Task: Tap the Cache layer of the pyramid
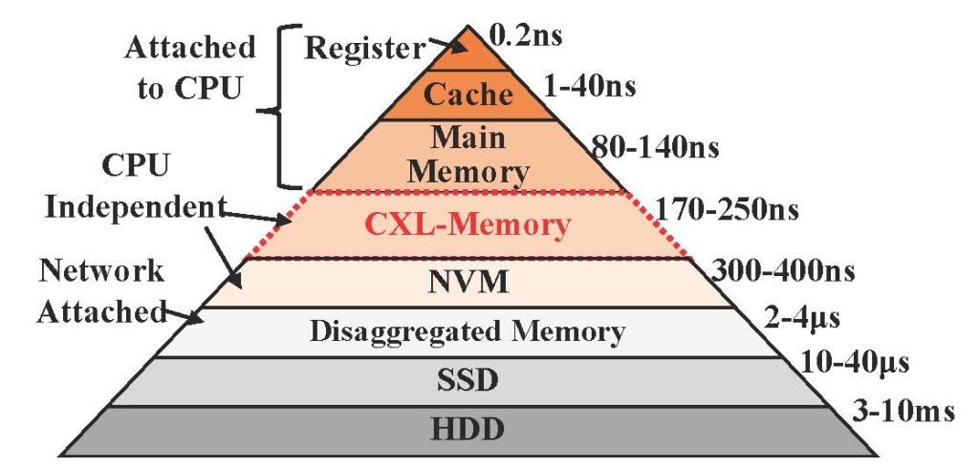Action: pos(468,96)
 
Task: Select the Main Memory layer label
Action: pos(468,154)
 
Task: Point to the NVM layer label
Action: pos(468,283)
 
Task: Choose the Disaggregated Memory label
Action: pos(468,332)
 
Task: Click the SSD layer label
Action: pos(468,381)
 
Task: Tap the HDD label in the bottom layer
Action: pos(468,427)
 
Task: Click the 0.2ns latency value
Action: pos(525,39)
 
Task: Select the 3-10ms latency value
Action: pos(903,412)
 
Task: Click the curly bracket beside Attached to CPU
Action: pos(284,107)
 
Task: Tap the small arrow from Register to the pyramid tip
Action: pos(446,45)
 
